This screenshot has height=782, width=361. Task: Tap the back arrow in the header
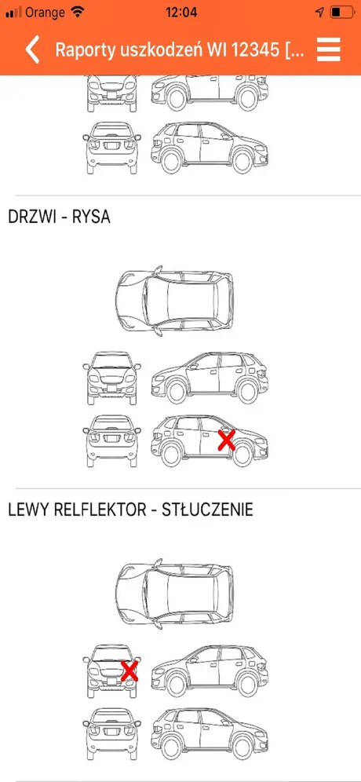point(32,49)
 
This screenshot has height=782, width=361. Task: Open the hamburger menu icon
point(329,50)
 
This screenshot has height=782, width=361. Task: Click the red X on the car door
point(226,441)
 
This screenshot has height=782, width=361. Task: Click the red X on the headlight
point(129,671)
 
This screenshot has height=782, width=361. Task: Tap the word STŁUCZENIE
point(208,510)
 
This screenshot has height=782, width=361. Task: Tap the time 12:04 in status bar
point(181,12)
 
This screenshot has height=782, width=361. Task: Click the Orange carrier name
point(46,12)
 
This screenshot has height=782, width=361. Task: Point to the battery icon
point(342,12)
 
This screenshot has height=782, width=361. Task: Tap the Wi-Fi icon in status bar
point(78,12)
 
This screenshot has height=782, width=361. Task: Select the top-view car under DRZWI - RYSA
point(174,300)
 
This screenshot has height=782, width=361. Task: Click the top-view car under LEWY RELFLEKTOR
point(174,592)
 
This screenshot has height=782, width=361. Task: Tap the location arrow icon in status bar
point(320,12)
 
